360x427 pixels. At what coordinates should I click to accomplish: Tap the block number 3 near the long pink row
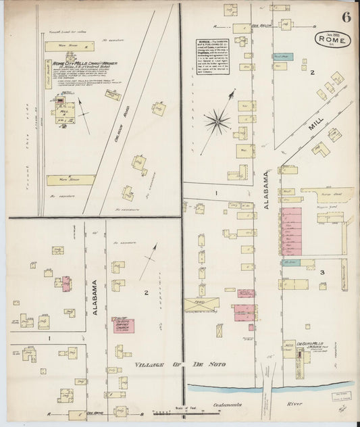pos(323,272)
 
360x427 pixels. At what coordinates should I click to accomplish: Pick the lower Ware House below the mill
pos(70,180)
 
